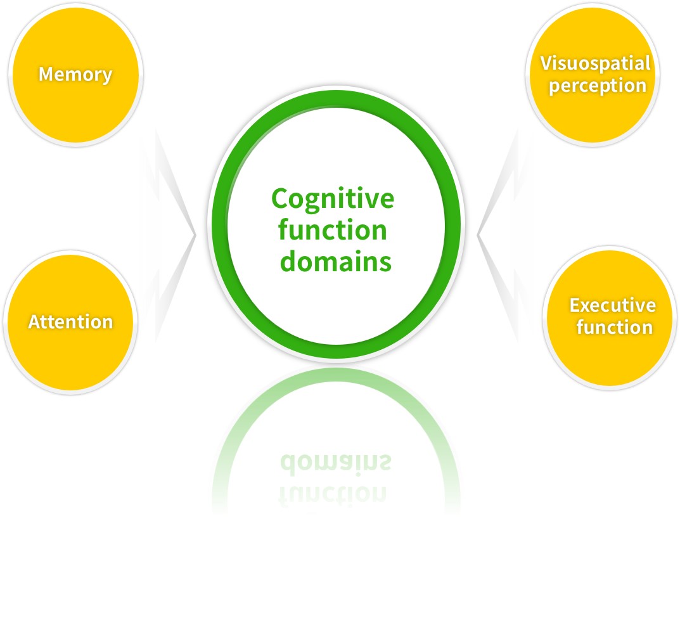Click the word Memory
click(x=75, y=74)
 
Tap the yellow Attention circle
click(x=71, y=355)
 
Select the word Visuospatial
click(x=595, y=63)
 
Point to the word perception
click(x=597, y=86)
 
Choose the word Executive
click(x=612, y=305)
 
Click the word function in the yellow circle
click(x=614, y=328)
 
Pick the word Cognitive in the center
click(x=333, y=200)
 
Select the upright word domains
click(x=335, y=260)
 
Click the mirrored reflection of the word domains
click(x=335, y=463)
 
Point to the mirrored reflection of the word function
click(x=333, y=492)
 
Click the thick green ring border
click(x=219, y=225)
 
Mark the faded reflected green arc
click(x=253, y=406)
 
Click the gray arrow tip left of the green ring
click(x=194, y=235)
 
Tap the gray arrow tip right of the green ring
click(x=479, y=235)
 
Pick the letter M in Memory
click(x=46, y=74)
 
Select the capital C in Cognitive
click(x=279, y=199)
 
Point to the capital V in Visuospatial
click(x=545, y=63)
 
